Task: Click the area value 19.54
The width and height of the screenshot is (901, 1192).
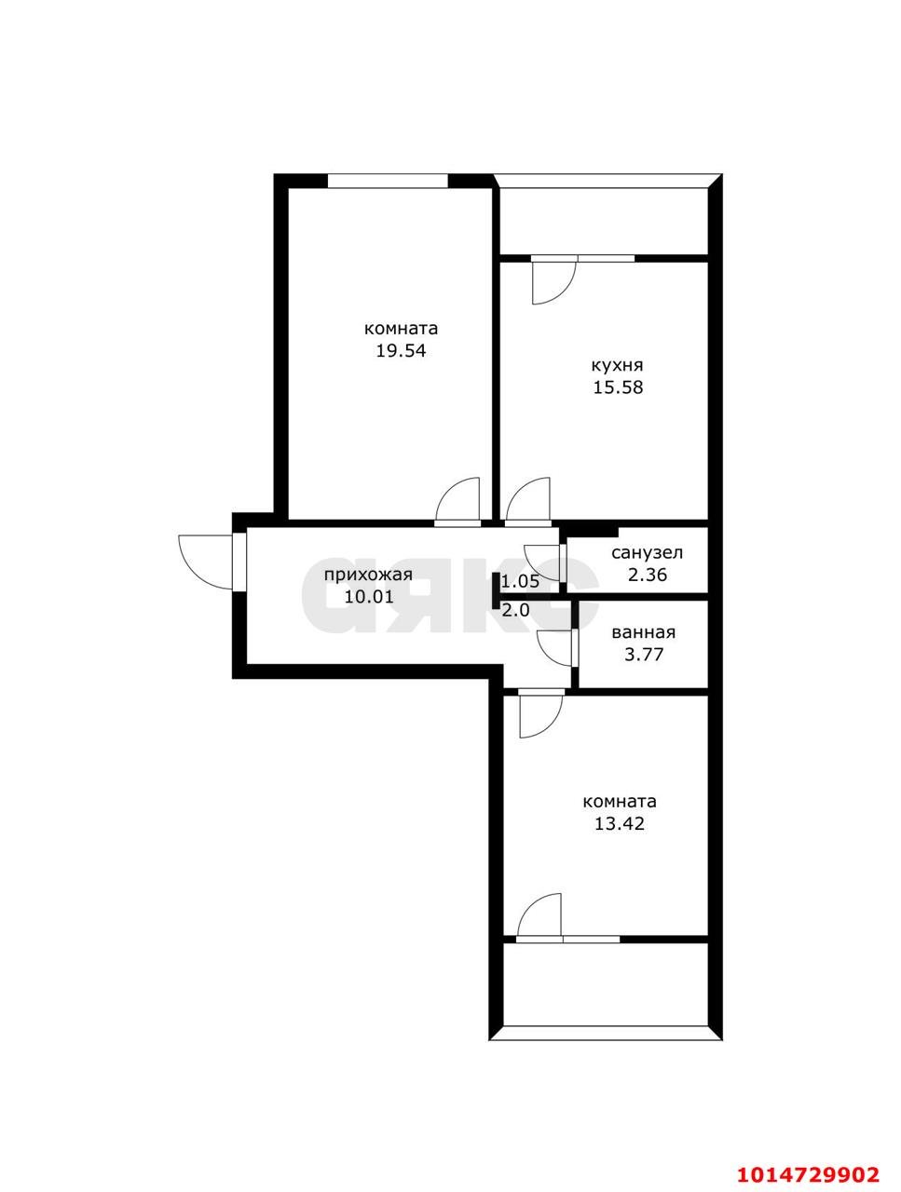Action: tap(401, 351)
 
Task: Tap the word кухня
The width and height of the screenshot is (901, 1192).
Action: tap(618, 365)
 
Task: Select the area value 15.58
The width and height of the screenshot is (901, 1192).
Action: tap(618, 387)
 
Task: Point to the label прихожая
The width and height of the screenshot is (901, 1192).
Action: tap(368, 575)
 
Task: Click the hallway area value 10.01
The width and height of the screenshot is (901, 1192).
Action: tap(368, 597)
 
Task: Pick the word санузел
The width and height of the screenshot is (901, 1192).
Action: tap(648, 553)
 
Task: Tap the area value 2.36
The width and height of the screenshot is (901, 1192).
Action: tap(648, 575)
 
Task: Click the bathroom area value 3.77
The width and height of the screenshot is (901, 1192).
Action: tap(644, 655)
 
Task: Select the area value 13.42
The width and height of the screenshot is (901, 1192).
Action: tap(620, 823)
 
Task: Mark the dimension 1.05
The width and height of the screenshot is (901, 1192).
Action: tap(521, 582)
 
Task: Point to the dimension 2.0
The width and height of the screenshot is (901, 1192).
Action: tap(515, 611)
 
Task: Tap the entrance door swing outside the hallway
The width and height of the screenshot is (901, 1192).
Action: tap(207, 561)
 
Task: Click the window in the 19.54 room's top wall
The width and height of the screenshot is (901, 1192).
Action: tap(388, 181)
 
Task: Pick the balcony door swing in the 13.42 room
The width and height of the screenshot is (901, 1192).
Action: tap(541, 914)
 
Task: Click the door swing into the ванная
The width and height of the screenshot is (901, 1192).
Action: tap(557, 647)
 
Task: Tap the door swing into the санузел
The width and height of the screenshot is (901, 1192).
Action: tap(543, 561)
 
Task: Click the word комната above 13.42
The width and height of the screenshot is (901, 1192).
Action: tap(620, 801)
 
